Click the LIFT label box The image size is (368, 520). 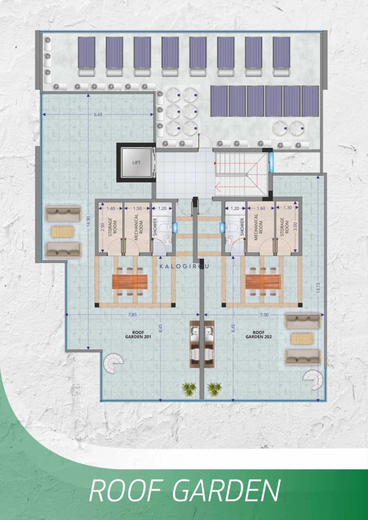(136, 162)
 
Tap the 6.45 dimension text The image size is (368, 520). (98, 115)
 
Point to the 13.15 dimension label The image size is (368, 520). (318, 289)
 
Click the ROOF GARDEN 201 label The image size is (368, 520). (134, 334)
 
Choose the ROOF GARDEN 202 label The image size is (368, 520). (259, 334)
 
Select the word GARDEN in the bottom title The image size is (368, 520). (225, 491)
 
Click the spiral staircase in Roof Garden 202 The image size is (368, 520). (314, 378)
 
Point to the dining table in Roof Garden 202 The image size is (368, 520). (263, 281)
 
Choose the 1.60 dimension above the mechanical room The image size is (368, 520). (260, 209)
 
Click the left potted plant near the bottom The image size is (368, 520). (188, 388)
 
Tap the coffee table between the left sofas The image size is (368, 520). (63, 232)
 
